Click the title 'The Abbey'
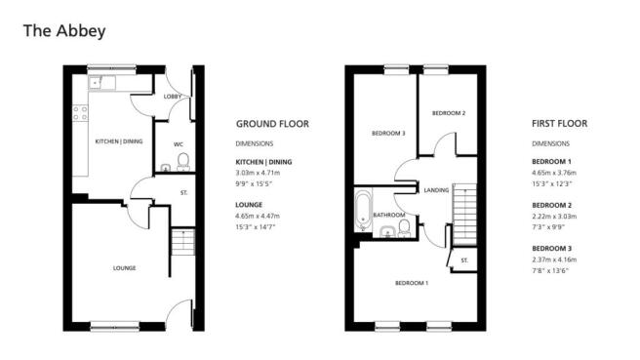click(64, 31)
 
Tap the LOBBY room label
click(173, 97)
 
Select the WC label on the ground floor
click(179, 144)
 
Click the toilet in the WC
click(183, 162)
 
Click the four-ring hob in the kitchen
click(80, 113)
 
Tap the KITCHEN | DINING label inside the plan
click(119, 141)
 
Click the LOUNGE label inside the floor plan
click(125, 268)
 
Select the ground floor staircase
click(182, 243)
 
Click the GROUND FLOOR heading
click(272, 124)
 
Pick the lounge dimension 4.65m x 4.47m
click(258, 216)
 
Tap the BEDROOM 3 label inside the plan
click(388, 133)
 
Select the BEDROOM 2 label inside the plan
click(449, 113)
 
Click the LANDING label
click(436, 190)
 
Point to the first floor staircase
click(464, 215)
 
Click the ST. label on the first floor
click(464, 260)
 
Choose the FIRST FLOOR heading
click(560, 124)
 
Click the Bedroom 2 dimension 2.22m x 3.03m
click(554, 217)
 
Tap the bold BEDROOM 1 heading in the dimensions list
click(552, 162)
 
